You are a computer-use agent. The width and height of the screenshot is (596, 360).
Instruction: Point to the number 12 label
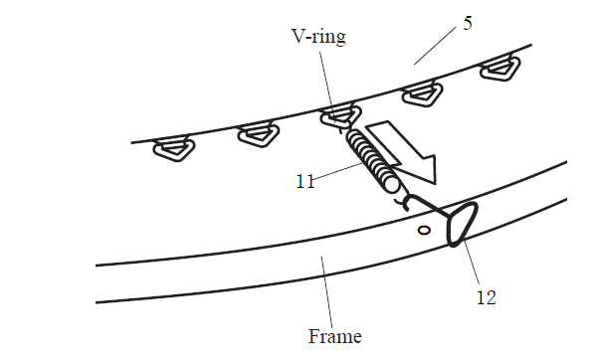point(485,295)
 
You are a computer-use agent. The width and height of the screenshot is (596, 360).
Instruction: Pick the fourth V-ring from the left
point(421,95)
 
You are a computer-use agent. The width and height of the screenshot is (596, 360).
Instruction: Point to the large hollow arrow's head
point(424,166)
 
